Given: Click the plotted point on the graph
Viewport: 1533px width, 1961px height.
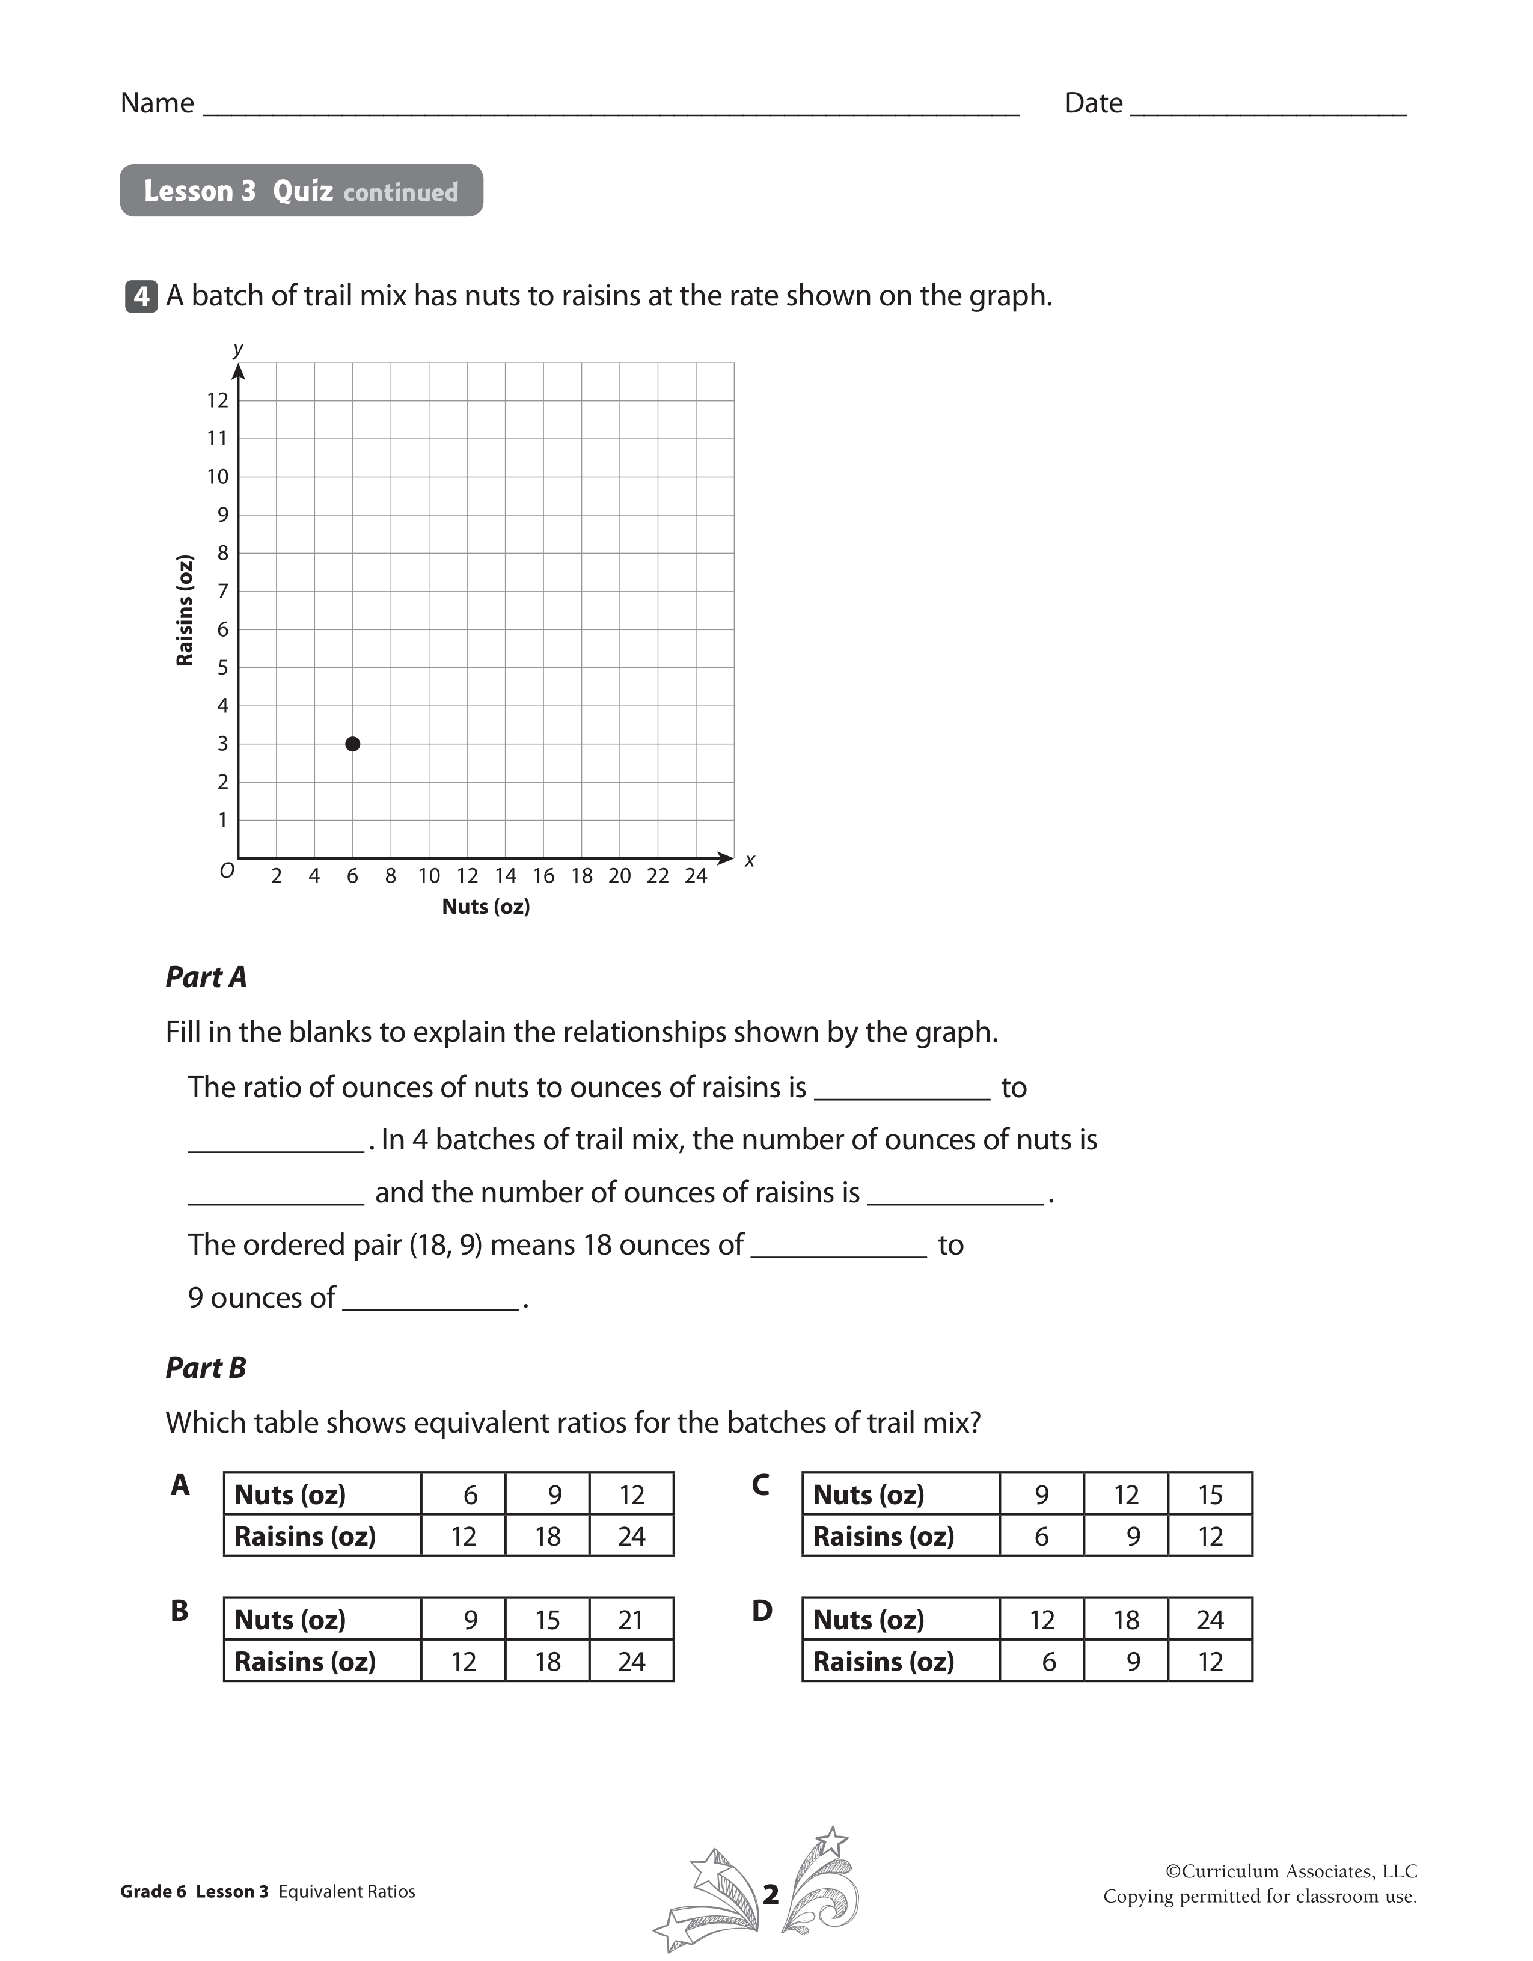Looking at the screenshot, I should [353, 744].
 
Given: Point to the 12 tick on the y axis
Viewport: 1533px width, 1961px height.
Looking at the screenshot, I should [218, 400].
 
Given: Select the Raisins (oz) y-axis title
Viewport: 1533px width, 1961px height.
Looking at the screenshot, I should [185, 611].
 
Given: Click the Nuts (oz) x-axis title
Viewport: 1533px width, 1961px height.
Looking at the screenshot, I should [486, 907].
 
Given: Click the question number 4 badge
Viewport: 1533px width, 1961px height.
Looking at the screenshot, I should [142, 296].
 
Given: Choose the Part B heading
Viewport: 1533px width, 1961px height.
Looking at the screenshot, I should [206, 1368].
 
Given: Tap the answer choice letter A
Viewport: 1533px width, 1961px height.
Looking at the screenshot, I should [180, 1485].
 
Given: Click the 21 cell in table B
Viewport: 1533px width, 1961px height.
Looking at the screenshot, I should [631, 1620].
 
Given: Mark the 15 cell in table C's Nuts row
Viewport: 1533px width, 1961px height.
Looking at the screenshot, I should [1210, 1495].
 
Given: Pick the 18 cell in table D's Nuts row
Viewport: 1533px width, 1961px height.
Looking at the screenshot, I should [1126, 1620].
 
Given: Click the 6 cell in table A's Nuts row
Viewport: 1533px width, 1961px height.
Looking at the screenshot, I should [470, 1495].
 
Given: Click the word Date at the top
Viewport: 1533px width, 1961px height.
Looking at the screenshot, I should [1093, 103].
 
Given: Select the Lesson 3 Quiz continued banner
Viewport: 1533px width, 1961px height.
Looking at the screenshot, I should [302, 191].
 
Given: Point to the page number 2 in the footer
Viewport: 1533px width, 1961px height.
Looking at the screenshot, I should [771, 1894].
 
